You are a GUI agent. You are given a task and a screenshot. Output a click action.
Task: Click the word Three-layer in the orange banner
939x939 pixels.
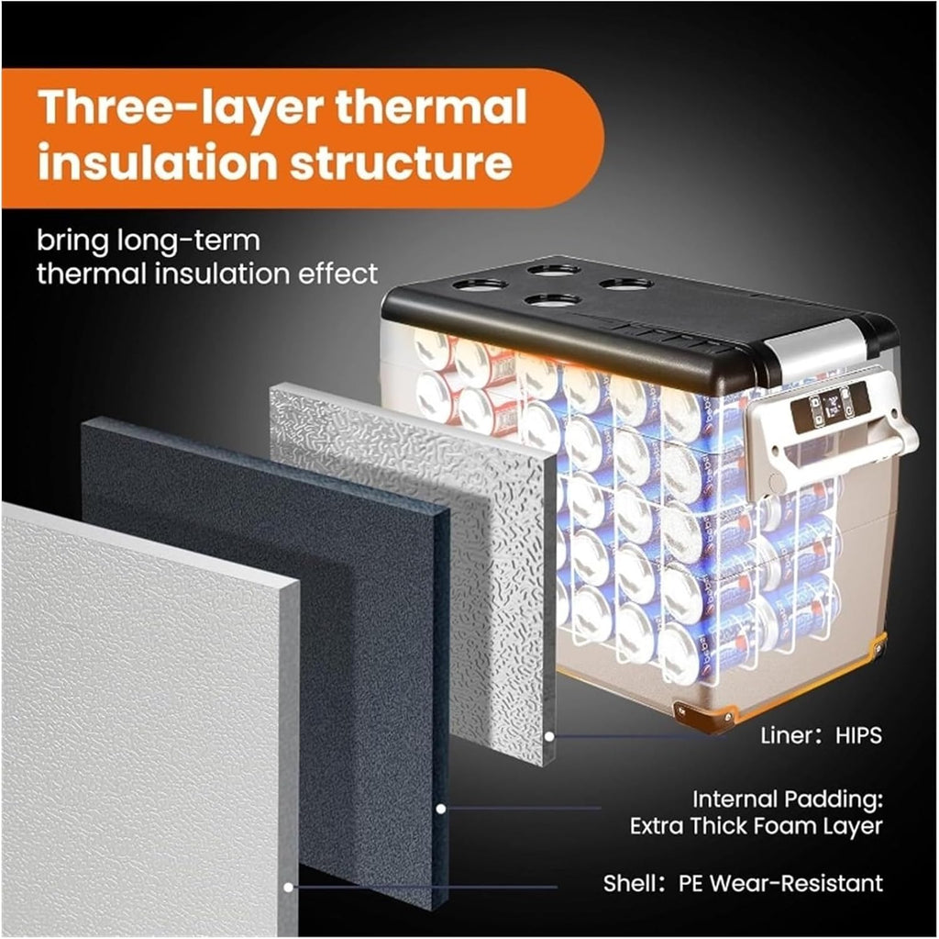181,109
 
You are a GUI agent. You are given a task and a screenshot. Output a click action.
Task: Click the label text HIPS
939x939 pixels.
858,735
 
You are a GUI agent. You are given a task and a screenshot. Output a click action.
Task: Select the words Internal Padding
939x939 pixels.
788,799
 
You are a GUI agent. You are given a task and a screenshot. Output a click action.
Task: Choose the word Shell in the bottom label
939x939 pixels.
629,883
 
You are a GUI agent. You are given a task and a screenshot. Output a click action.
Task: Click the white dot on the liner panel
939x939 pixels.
549,736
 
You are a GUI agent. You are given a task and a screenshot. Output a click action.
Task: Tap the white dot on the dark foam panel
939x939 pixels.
441,809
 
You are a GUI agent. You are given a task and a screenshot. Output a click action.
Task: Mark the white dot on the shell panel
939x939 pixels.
288,887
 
